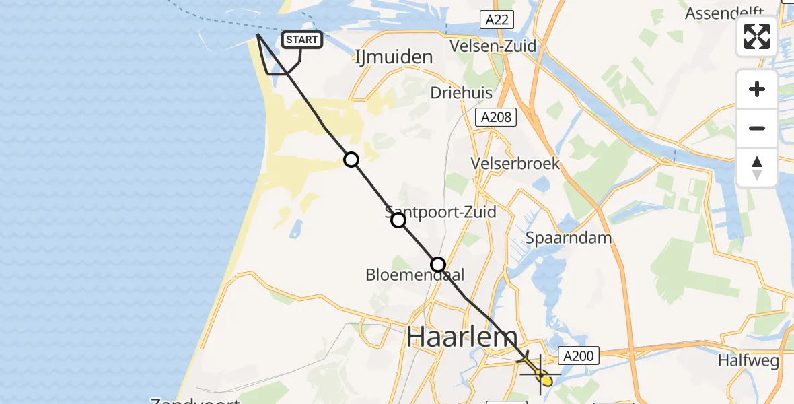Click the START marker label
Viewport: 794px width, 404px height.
(301, 40)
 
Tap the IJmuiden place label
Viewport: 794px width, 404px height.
(393, 57)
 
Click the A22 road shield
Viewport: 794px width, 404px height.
(497, 20)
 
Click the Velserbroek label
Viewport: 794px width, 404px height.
(516, 164)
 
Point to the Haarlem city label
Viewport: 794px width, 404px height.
(462, 337)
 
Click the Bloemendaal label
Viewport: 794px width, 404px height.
(415, 275)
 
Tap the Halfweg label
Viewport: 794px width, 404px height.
(748, 361)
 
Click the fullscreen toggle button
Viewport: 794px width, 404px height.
(757, 36)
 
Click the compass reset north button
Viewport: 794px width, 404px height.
(757, 168)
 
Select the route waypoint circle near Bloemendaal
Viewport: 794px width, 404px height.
(438, 265)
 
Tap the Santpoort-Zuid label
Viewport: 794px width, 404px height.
(441, 212)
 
